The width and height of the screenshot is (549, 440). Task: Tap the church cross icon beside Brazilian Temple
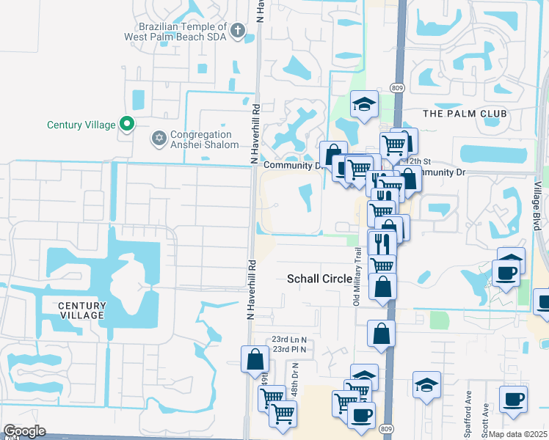point(237,30)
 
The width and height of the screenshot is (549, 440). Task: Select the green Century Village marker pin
point(127,125)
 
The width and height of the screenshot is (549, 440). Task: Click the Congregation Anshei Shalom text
point(204,139)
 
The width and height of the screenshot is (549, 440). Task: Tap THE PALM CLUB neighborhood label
point(465,114)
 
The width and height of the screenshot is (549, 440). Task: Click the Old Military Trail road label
point(358,276)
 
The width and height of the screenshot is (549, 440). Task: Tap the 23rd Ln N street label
point(288,340)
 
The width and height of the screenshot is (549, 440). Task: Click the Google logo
point(23,431)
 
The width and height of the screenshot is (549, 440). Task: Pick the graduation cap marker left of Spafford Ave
point(426,385)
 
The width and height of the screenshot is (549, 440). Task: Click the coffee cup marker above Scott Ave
point(514,398)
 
